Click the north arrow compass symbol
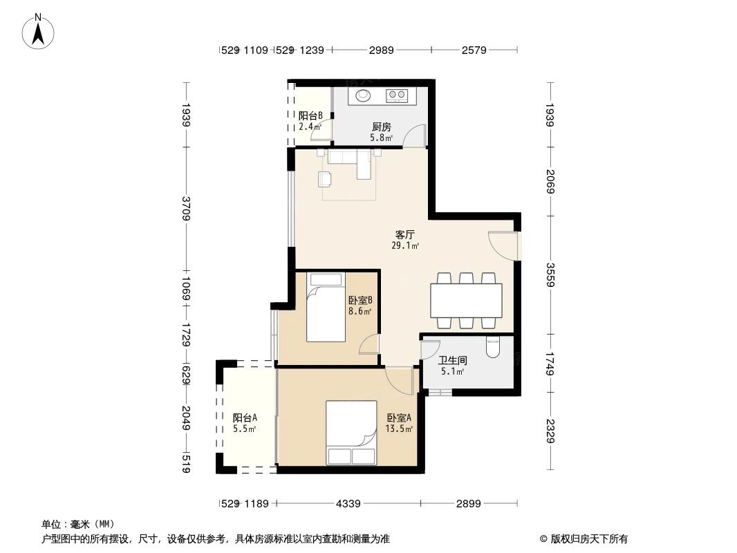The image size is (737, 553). click(x=39, y=31)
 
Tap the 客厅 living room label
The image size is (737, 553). click(x=405, y=235)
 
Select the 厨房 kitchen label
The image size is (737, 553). click(x=381, y=127)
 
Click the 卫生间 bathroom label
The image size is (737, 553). click(x=453, y=361)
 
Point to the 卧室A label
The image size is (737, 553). click(x=399, y=418)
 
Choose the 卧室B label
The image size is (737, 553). click(x=360, y=301)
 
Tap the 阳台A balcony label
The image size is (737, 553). click(x=245, y=418)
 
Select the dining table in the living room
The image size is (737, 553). click(x=466, y=300)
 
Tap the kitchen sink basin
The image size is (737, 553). click(x=363, y=95)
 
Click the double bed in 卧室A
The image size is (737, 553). click(x=351, y=433)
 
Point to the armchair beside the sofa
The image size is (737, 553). click(x=324, y=179)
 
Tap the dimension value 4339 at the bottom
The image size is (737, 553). click(x=348, y=504)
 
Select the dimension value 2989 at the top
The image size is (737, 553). click(x=381, y=50)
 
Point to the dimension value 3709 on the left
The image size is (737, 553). click(x=185, y=208)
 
